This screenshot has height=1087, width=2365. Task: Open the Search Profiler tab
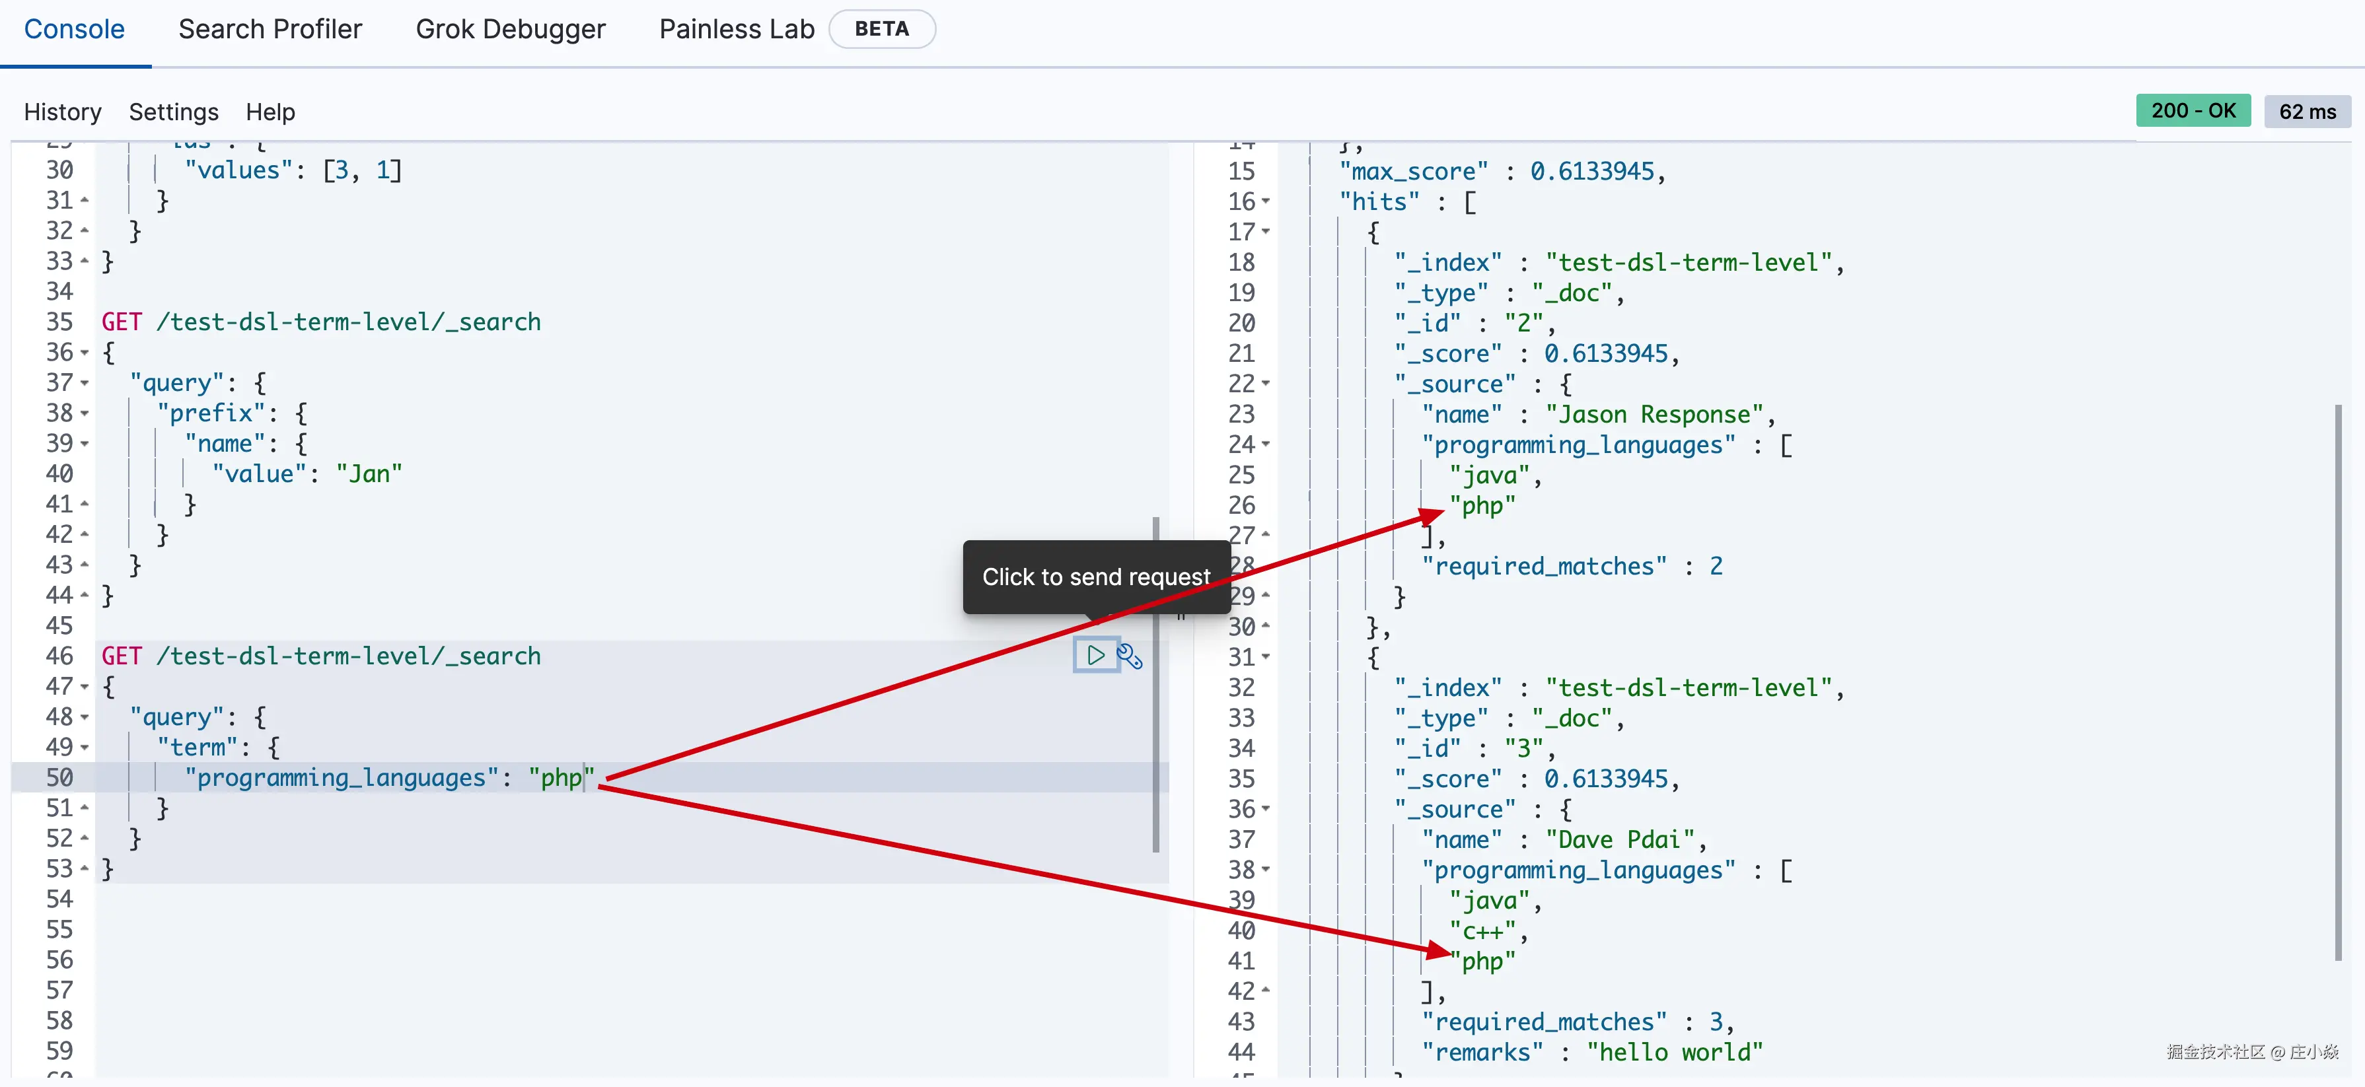click(x=270, y=29)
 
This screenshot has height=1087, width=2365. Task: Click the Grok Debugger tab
click(x=511, y=29)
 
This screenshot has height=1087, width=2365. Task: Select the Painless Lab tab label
click(x=737, y=29)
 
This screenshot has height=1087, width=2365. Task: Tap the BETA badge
click(x=881, y=29)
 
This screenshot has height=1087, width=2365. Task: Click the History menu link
click(x=63, y=112)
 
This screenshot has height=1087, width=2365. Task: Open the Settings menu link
click(x=174, y=112)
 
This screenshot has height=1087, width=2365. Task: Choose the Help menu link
click(x=270, y=112)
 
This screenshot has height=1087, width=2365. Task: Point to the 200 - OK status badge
click(x=2193, y=111)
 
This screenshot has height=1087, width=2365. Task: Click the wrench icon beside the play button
click(x=1129, y=656)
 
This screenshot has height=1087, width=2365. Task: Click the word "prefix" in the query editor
click(x=211, y=413)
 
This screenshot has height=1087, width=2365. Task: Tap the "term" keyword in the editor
click(x=198, y=748)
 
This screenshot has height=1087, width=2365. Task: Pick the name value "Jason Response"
click(x=1654, y=415)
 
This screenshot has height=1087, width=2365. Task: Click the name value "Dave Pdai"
click(x=1620, y=840)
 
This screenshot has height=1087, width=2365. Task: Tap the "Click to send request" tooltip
click(x=1095, y=577)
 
